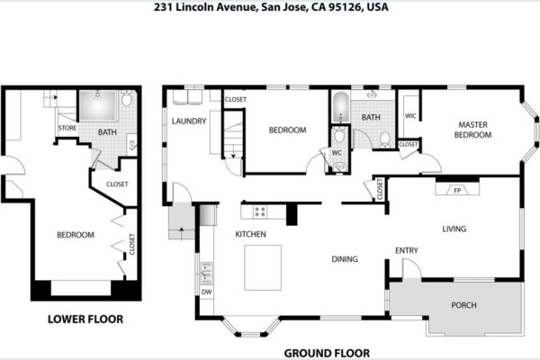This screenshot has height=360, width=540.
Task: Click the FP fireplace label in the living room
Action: click(457, 191)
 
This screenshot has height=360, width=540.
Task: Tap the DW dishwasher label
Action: click(206, 292)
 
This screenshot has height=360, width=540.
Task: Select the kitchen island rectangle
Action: click(263, 267)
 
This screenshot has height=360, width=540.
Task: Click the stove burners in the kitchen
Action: click(260, 211)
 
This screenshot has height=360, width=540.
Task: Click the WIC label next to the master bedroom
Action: click(410, 116)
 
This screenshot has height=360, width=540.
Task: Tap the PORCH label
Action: click(463, 305)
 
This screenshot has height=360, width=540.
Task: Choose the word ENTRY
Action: click(407, 250)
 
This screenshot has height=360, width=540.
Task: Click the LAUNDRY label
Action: click(189, 121)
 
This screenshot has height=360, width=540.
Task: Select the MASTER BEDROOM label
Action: click(472, 130)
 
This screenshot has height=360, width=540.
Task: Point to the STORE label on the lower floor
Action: click(67, 128)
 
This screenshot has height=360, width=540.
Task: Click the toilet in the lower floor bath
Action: click(127, 98)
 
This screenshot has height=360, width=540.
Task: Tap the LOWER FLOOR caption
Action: click(85, 319)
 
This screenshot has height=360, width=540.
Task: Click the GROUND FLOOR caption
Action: click(327, 353)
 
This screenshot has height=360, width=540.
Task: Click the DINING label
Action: click(345, 259)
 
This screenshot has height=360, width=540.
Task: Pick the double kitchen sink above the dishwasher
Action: click(207, 273)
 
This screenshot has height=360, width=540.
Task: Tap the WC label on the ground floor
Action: click(337, 153)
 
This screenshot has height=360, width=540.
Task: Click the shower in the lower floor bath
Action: click(98, 106)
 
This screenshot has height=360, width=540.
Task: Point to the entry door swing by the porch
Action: click(411, 268)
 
